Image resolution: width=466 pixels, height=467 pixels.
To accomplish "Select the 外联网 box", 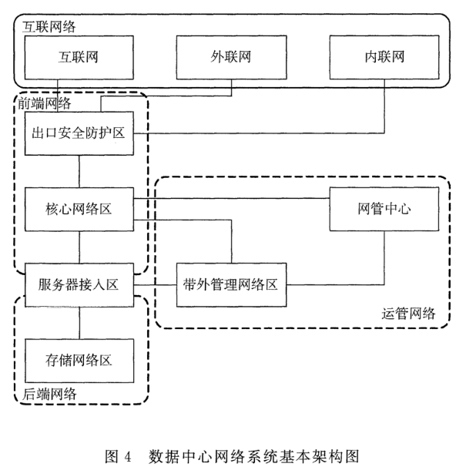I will click(231, 56).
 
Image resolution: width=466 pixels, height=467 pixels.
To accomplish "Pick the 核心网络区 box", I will click(80, 208).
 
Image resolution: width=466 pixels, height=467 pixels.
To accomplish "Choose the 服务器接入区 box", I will click(80, 283).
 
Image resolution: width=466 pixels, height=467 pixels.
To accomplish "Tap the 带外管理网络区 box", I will click(232, 283).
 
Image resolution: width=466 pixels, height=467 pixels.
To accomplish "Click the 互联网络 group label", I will click(42, 26).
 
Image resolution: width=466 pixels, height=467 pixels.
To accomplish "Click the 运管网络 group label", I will click(408, 313).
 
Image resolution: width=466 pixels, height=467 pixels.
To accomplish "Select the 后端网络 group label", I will click(42, 394).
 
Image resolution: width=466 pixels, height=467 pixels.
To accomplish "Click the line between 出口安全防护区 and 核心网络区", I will click(80, 170).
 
